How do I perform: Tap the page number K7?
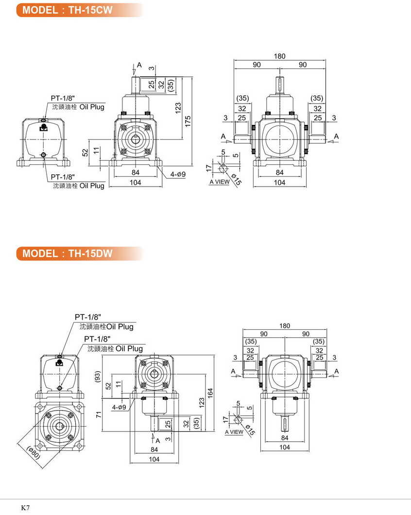point(25,507)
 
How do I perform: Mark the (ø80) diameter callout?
point(33,452)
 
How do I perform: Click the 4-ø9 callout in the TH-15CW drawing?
point(178,173)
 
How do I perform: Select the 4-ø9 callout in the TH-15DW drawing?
point(119,407)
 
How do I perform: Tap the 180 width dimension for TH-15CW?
point(279,56)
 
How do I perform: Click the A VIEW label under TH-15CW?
point(219,182)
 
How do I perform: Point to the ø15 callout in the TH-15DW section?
point(249,430)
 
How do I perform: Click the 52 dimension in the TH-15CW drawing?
point(85,153)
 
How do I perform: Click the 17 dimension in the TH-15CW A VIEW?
point(209,168)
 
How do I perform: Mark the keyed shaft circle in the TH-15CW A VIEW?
point(223,168)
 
